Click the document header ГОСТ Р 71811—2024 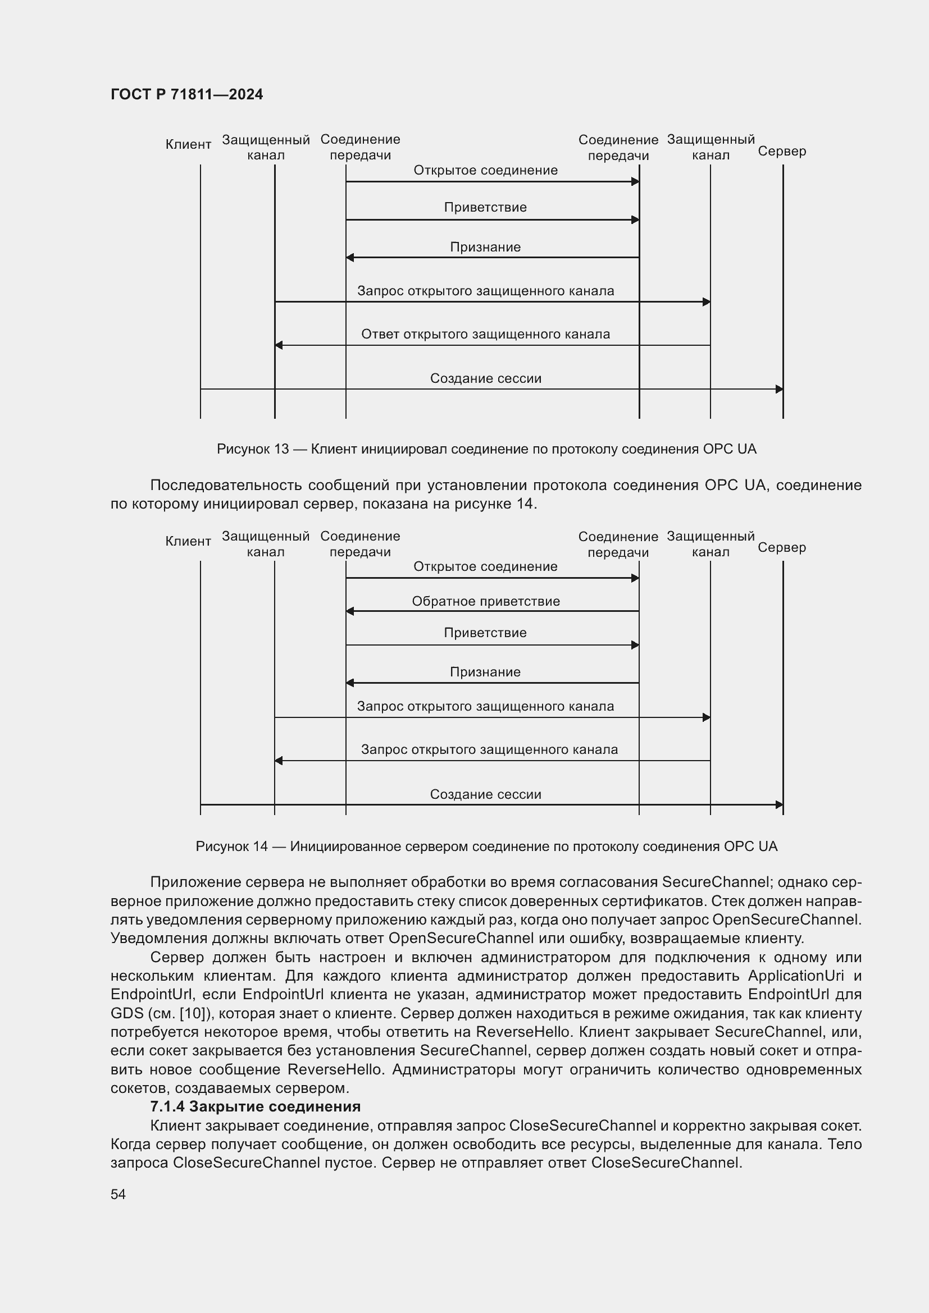pos(186,94)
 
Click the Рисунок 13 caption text pos(486,449)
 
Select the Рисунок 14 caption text pos(486,847)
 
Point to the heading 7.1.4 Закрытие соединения pos(255,1106)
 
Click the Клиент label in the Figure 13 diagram pos(188,145)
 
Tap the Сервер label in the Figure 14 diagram pos(781,548)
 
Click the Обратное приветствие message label pos(486,601)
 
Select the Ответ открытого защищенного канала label pos(485,334)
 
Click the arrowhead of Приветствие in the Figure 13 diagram pos(635,219)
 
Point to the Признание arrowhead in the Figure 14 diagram pos(350,683)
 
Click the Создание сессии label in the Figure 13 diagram pos(485,378)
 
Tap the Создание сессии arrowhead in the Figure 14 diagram pos(778,804)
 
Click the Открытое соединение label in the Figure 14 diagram pos(485,567)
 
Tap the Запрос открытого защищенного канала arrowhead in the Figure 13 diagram pos(706,302)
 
